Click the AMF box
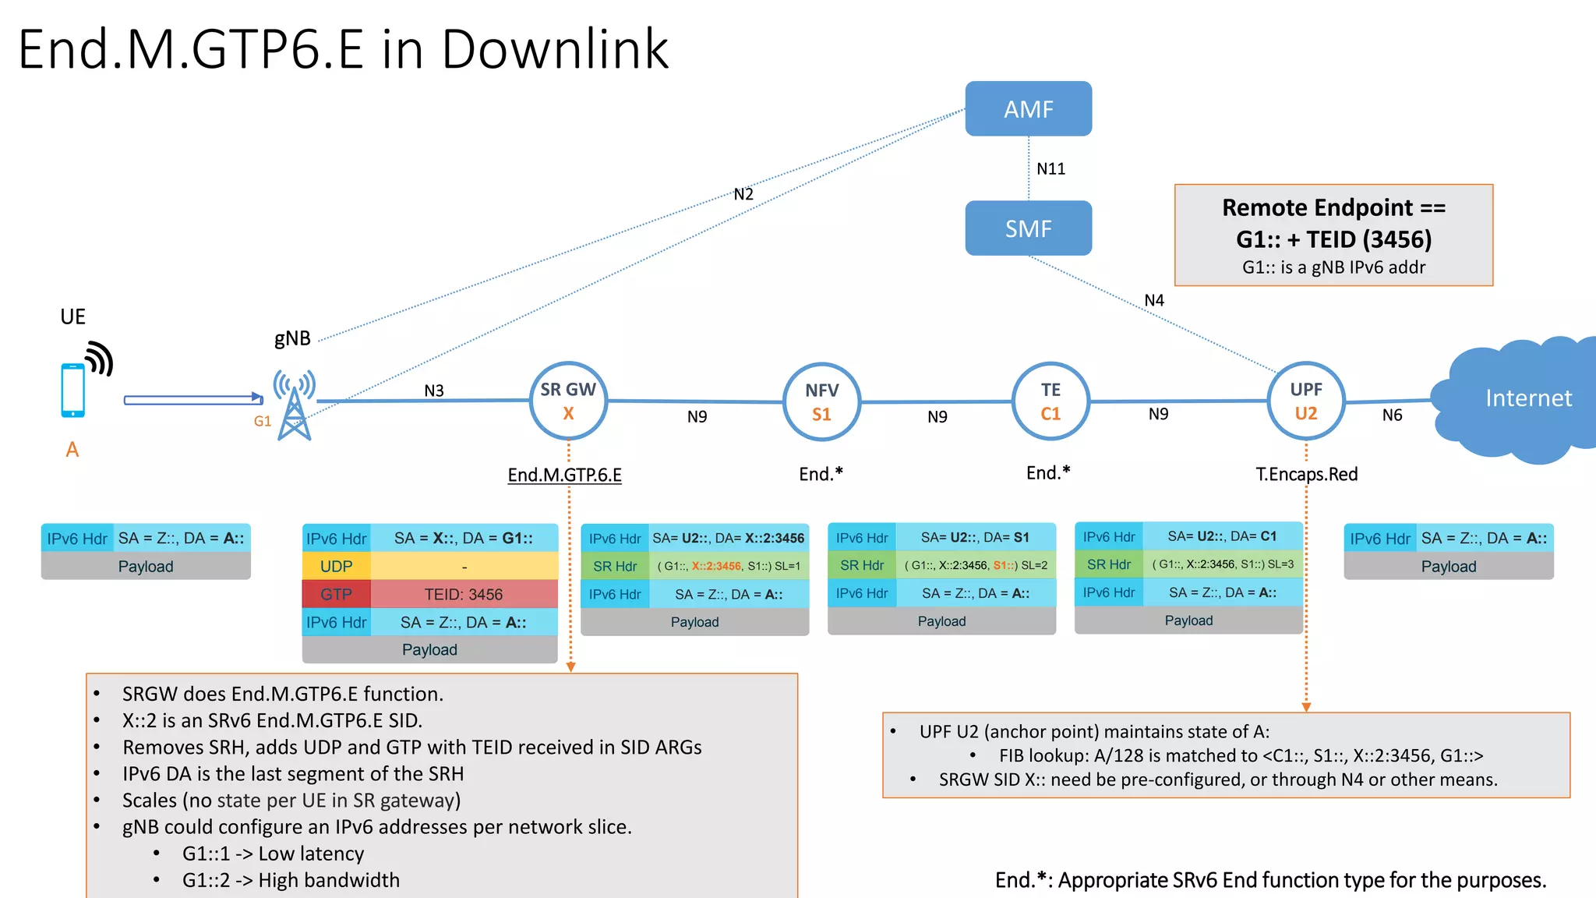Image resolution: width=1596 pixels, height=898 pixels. coord(1028,109)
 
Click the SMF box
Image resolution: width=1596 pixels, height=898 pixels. coord(1028,228)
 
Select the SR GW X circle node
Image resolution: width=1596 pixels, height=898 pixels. coord(568,401)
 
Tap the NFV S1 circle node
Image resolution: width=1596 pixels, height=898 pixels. coord(821,401)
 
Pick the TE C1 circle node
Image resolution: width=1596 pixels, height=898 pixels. coord(1050,401)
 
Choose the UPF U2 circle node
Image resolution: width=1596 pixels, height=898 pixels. coord(1305,401)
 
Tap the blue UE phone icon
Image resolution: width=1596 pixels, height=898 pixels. coord(73,390)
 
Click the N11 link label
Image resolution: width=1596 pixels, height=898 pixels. coord(1050,168)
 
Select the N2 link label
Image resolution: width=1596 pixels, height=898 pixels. coord(743,194)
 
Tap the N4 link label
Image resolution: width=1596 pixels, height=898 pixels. coord(1153,300)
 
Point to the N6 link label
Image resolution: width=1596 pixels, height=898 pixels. coord(1392,415)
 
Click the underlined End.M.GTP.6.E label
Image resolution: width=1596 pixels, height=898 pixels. coord(564,475)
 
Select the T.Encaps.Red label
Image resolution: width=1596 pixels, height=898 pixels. coord(1306,474)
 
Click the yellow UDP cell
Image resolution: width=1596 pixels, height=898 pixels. coord(336,567)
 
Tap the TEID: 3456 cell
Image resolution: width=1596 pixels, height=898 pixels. coord(464,595)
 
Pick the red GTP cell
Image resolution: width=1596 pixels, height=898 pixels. coord(336,595)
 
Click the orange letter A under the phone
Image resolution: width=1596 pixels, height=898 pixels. coord(72,450)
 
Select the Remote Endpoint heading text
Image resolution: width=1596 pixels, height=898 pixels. coord(1333,208)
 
